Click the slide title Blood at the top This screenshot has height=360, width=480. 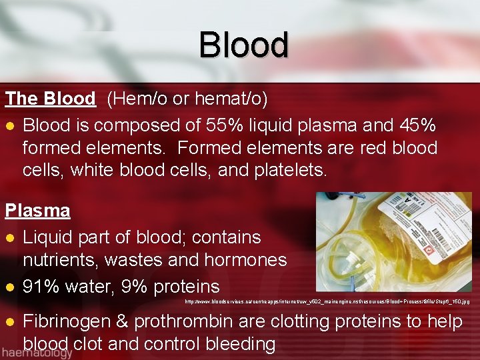(x=243, y=45)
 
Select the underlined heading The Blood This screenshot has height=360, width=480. (x=51, y=99)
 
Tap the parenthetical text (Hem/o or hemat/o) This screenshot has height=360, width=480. (x=187, y=99)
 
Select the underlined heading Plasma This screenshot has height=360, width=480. (x=38, y=211)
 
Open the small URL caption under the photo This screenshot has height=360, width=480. (x=327, y=303)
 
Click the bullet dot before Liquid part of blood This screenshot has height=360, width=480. (x=10, y=238)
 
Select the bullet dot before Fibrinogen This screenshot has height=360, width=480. (x=10, y=322)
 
